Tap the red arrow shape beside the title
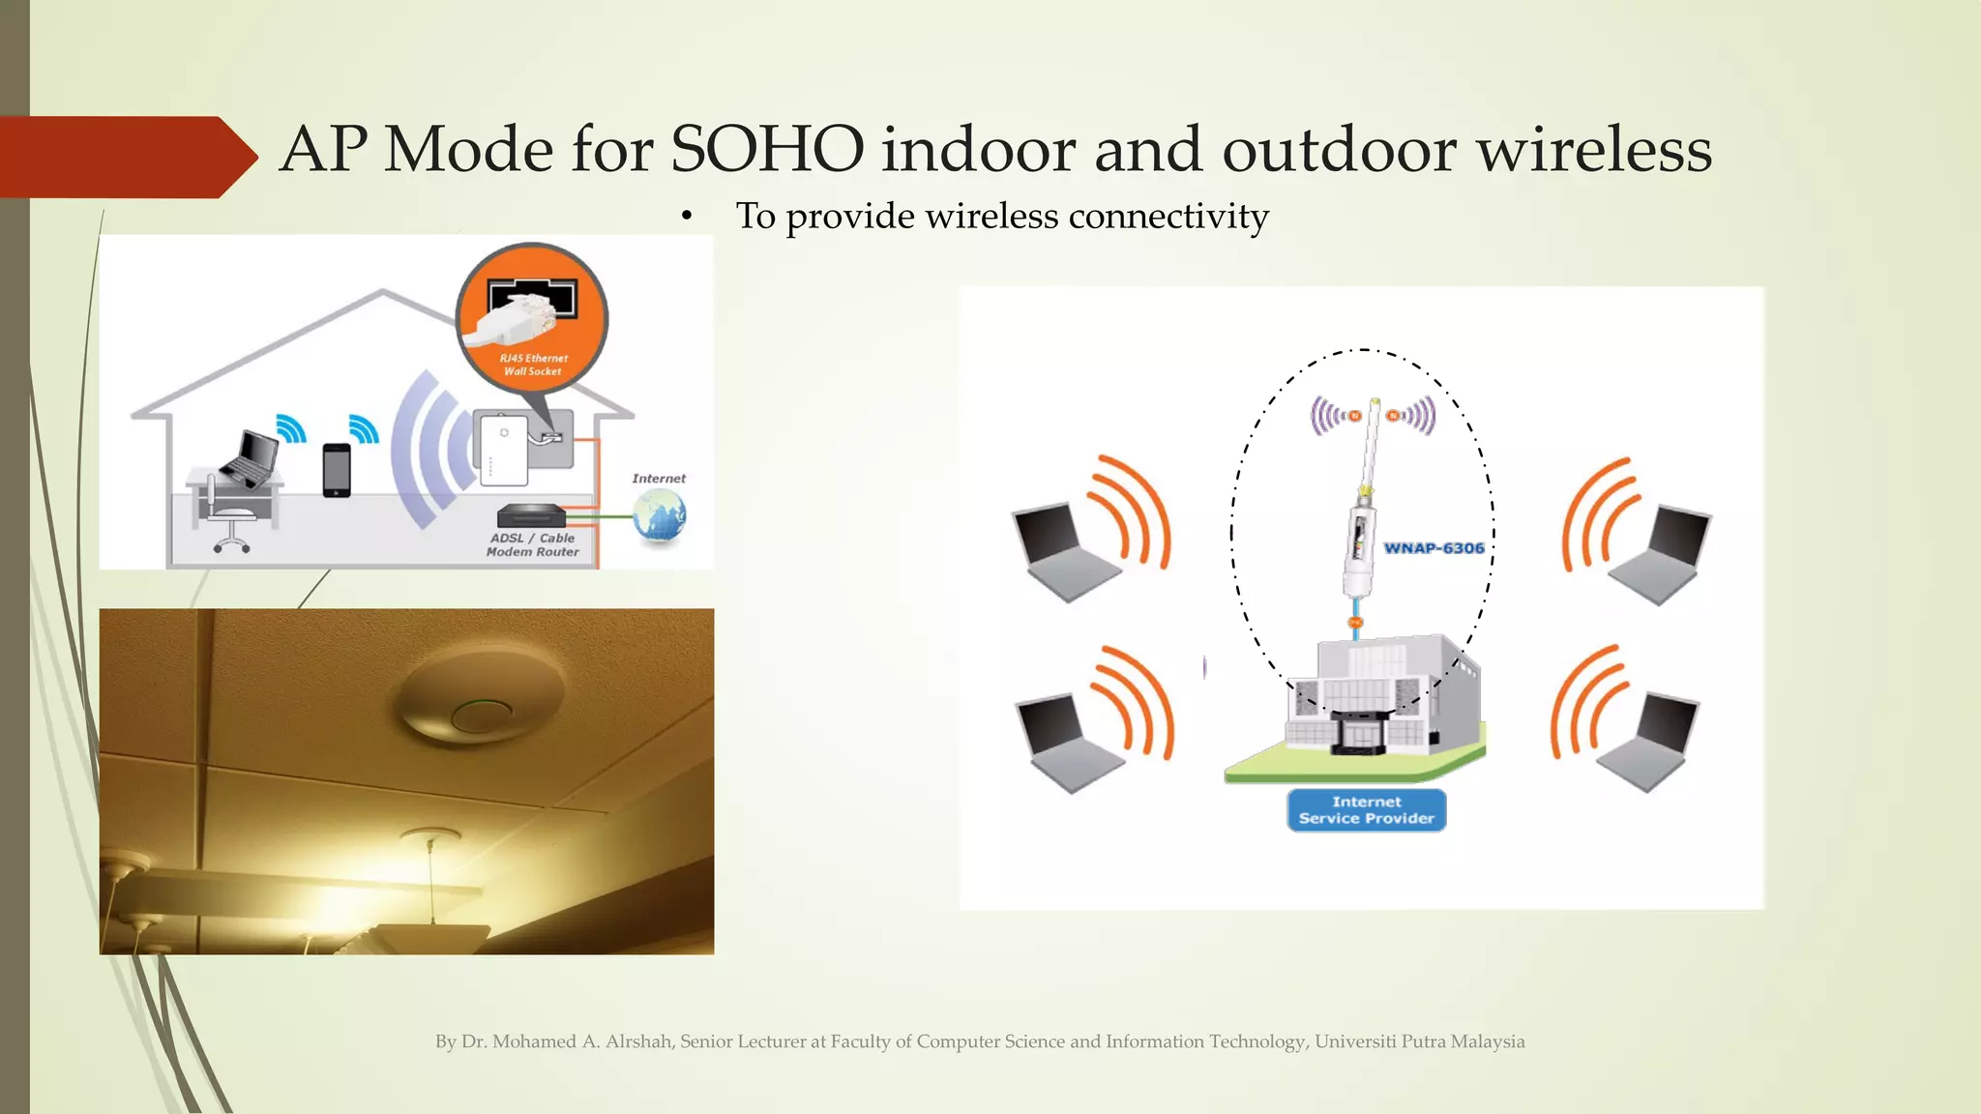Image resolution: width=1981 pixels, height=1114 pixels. [126, 157]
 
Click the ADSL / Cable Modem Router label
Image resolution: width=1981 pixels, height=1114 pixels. [533, 544]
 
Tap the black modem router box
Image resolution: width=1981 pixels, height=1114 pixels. [530, 516]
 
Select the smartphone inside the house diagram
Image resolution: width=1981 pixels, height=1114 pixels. [337, 470]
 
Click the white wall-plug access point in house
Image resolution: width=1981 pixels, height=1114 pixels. [504, 449]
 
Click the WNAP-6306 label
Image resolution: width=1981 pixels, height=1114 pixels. [1434, 548]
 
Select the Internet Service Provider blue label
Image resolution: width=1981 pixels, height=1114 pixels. [1366, 810]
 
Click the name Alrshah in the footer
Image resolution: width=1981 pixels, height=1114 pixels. [639, 1041]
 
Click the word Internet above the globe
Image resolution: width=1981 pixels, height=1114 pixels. [659, 479]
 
